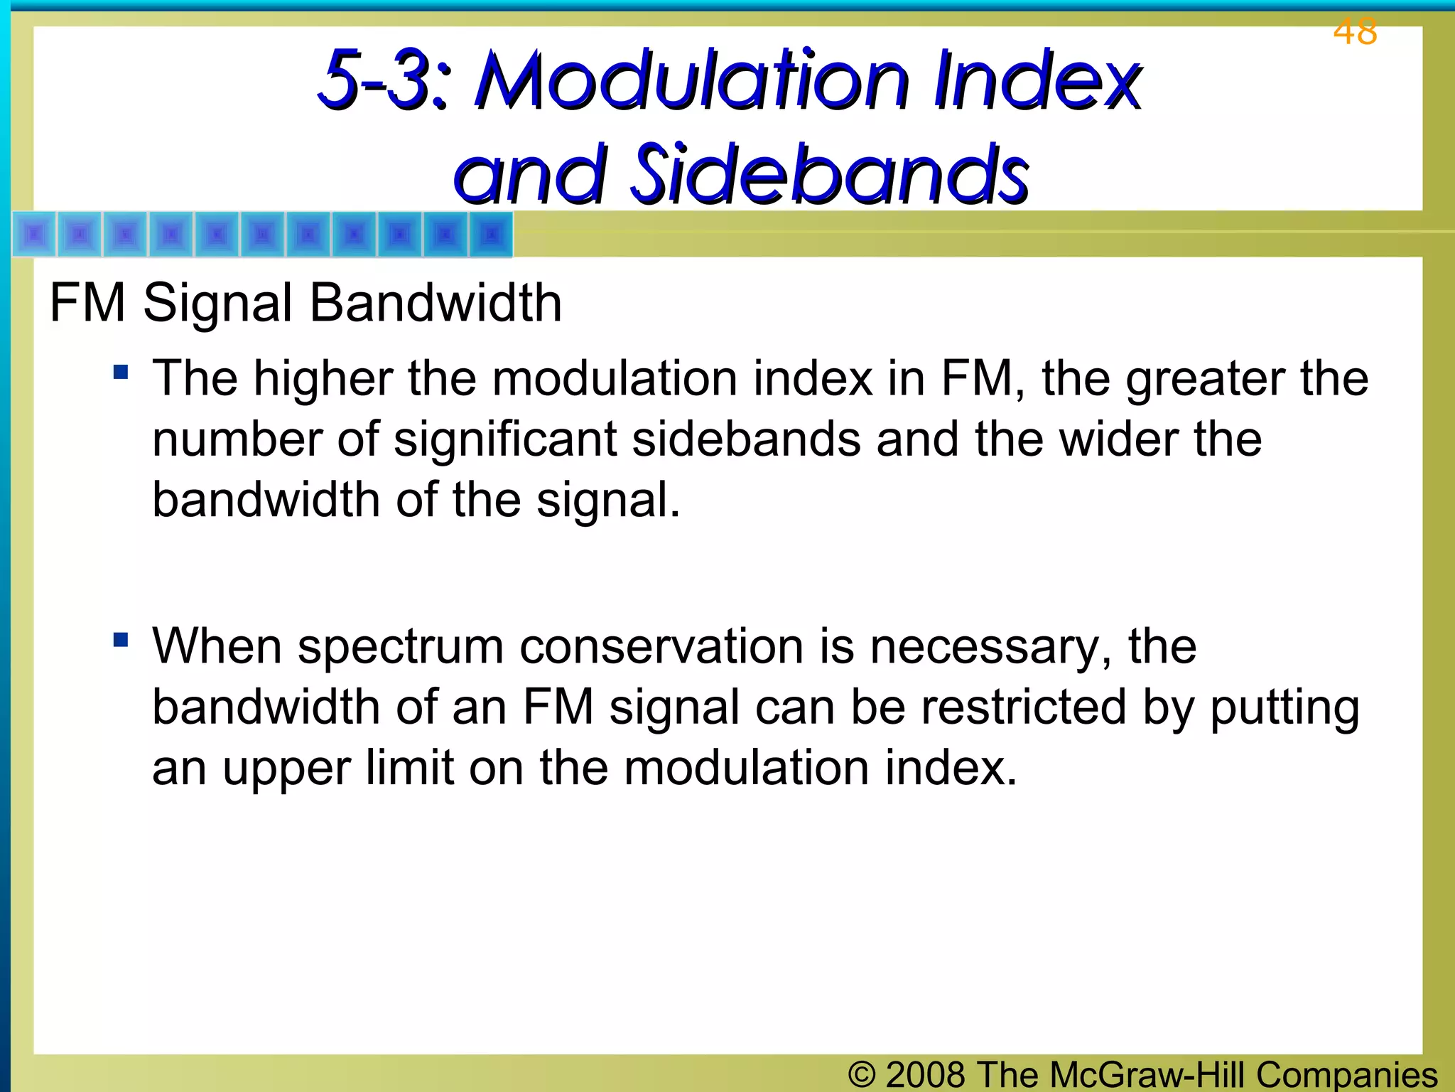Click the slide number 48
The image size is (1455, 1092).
(1355, 32)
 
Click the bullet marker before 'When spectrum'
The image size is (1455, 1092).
(121, 640)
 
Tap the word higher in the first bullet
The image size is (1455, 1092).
(323, 379)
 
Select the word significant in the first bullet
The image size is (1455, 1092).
(505, 439)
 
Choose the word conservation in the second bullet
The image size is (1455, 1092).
(662, 647)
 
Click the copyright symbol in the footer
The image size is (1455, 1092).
(862, 1074)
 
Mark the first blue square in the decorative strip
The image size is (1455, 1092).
(35, 234)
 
